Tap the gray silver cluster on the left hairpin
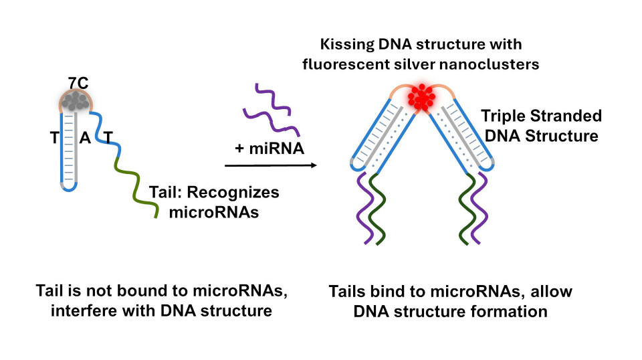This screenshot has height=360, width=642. point(76,102)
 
